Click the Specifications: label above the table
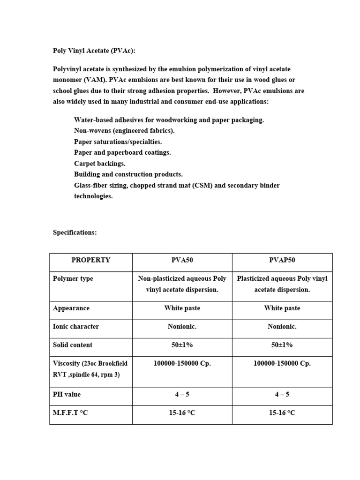(x=75, y=232)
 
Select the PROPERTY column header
(x=90, y=260)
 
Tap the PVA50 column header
(x=182, y=260)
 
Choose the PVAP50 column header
(x=282, y=260)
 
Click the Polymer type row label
(x=73, y=278)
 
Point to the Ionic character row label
(x=76, y=327)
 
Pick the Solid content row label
(x=73, y=345)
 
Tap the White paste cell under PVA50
(x=182, y=308)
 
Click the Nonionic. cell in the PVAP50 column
(x=282, y=327)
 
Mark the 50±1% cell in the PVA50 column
(x=182, y=345)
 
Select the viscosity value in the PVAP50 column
(x=282, y=363)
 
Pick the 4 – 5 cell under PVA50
(x=182, y=395)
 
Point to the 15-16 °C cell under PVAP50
(x=282, y=413)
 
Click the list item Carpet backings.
(x=99, y=164)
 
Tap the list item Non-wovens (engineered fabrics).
(x=124, y=131)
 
